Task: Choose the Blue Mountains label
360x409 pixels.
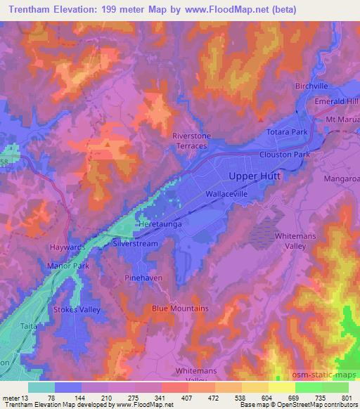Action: click(x=180, y=309)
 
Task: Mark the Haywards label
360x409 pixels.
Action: click(x=67, y=247)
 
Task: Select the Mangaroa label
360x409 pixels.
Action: click(x=342, y=179)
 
